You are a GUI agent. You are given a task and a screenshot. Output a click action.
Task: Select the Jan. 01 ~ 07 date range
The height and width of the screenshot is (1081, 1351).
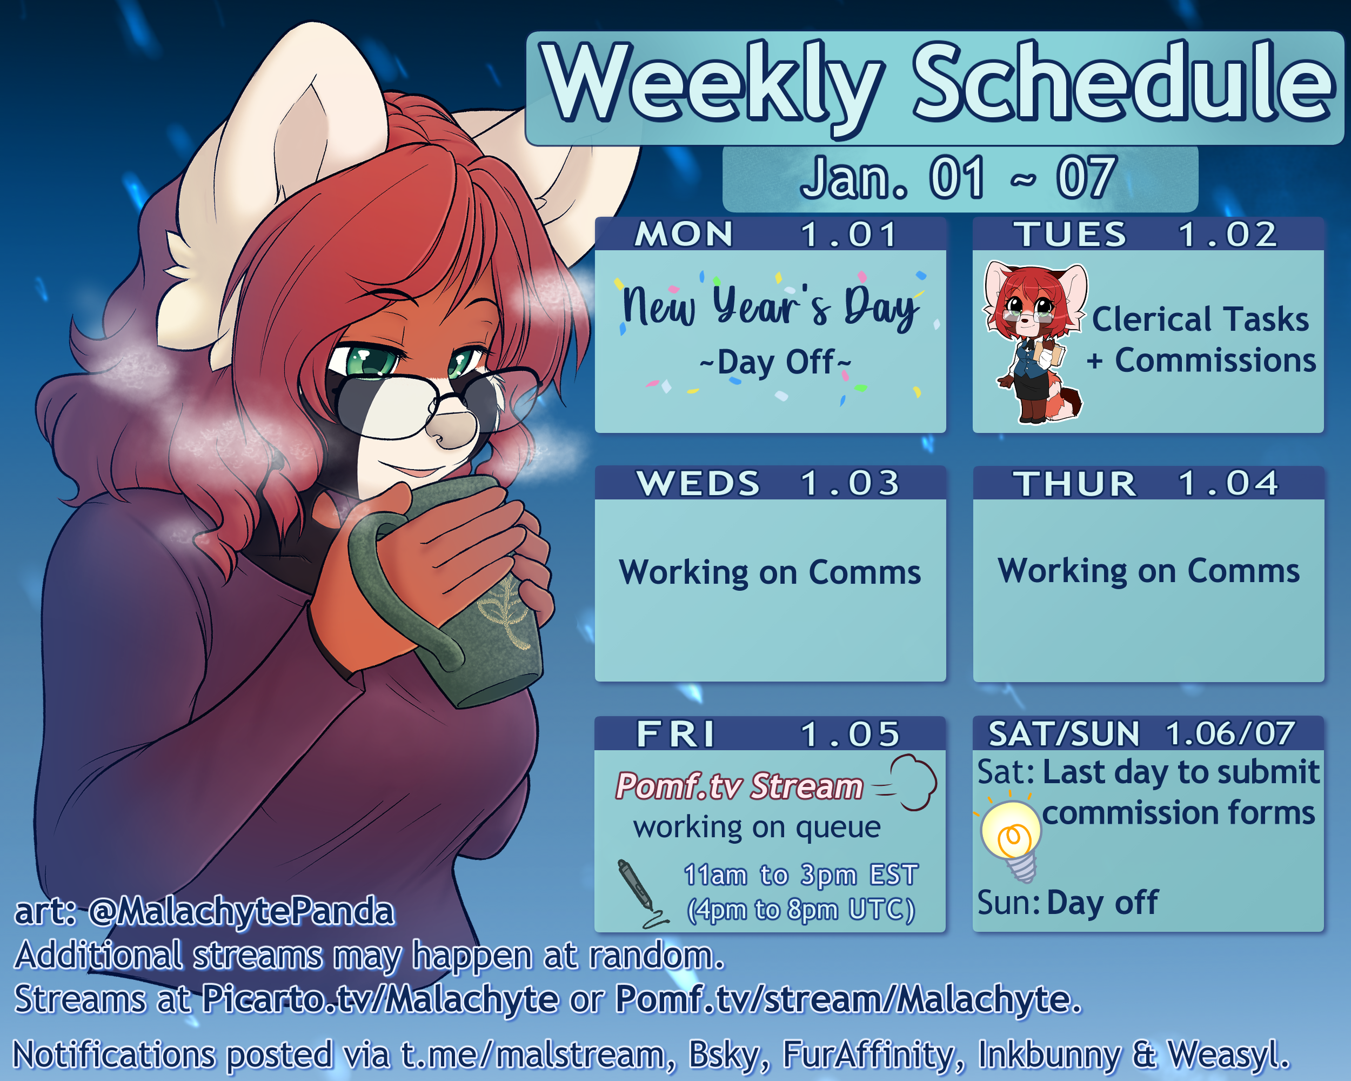click(959, 178)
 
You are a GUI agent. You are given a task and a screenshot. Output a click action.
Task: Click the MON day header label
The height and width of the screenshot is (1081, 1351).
click(684, 235)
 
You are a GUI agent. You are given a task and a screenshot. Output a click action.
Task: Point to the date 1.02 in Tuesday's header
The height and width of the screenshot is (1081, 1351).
click(1228, 235)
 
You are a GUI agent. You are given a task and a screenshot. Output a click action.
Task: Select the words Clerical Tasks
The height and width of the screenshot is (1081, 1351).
click(1200, 319)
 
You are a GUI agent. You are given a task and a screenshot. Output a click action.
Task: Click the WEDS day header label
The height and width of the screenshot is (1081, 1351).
click(698, 483)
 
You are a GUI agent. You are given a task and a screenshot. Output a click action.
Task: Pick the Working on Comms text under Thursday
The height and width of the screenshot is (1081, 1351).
click(1148, 571)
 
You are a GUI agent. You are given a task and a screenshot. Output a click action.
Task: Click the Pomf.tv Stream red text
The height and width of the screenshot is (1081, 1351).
click(739, 786)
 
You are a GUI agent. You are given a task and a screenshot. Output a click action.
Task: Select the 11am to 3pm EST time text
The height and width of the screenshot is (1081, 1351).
click(801, 875)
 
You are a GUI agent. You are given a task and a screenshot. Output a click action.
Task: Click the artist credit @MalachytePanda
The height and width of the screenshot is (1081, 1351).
click(241, 911)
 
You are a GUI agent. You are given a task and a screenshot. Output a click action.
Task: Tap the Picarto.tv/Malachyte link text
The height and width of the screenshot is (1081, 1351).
click(380, 999)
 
